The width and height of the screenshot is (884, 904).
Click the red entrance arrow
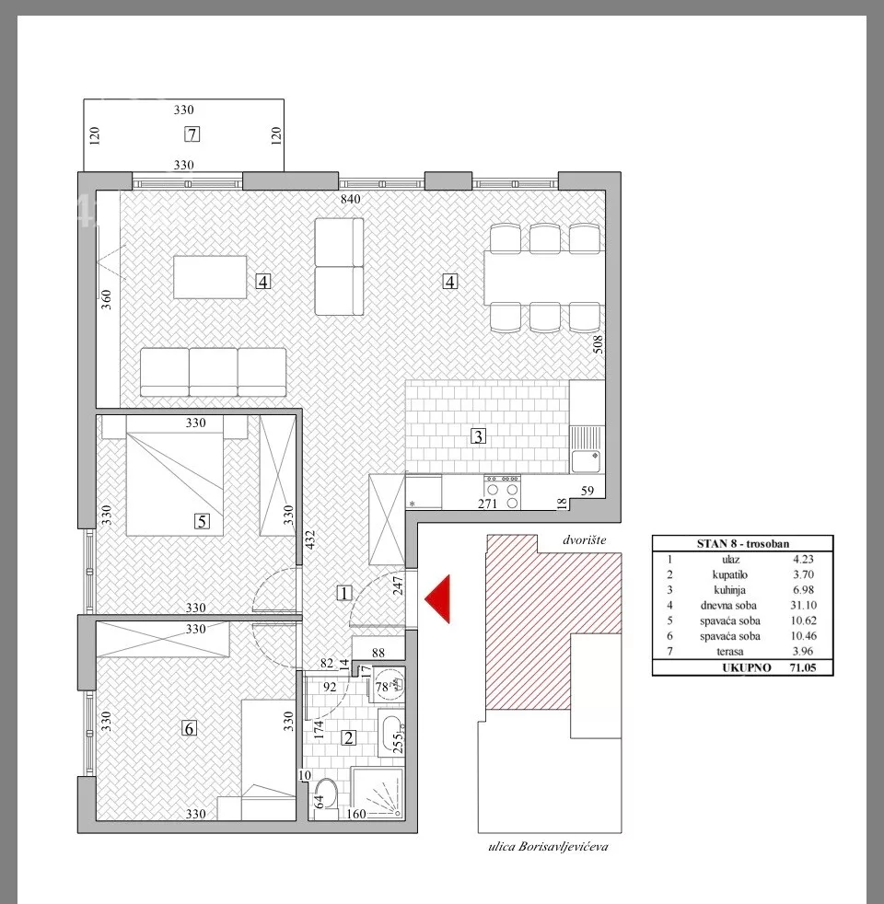pos(437,599)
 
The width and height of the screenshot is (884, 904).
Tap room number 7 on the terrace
pos(192,134)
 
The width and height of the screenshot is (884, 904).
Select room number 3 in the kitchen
pos(478,436)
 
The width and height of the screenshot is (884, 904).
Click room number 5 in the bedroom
pos(202,521)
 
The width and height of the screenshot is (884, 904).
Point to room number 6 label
pos(189,728)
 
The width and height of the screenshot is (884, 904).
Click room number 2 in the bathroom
pos(348,737)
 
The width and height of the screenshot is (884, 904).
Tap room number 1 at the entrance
pos(343,593)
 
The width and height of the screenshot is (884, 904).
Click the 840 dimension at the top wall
pos(351,199)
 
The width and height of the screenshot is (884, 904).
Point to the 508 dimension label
pos(598,344)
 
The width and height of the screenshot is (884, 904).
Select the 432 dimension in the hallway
pos(310,539)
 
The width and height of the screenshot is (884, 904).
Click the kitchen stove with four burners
pos(502,492)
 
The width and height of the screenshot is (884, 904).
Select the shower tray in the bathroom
pos(378,793)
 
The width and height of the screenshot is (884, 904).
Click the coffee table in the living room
pos(210,277)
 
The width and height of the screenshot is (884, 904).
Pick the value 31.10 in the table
pos(803,606)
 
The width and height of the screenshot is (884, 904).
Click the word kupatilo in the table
pos(729,574)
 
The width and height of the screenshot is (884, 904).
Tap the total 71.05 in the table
pos(803,667)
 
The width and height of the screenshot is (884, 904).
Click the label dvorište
pos(584,540)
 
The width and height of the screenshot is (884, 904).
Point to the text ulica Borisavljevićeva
pos(548,847)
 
